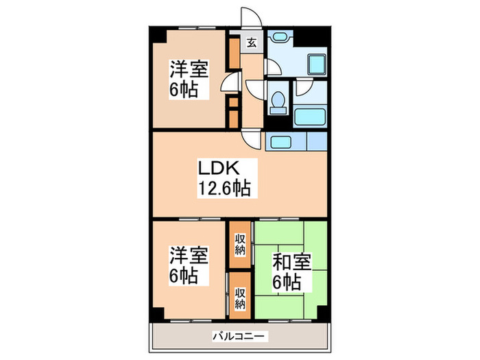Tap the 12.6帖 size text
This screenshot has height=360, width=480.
tap(224, 186)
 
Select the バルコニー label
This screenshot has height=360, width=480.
tap(240, 336)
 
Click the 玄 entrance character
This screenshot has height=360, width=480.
tap(251, 42)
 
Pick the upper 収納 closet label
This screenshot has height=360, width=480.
tap(240, 243)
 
